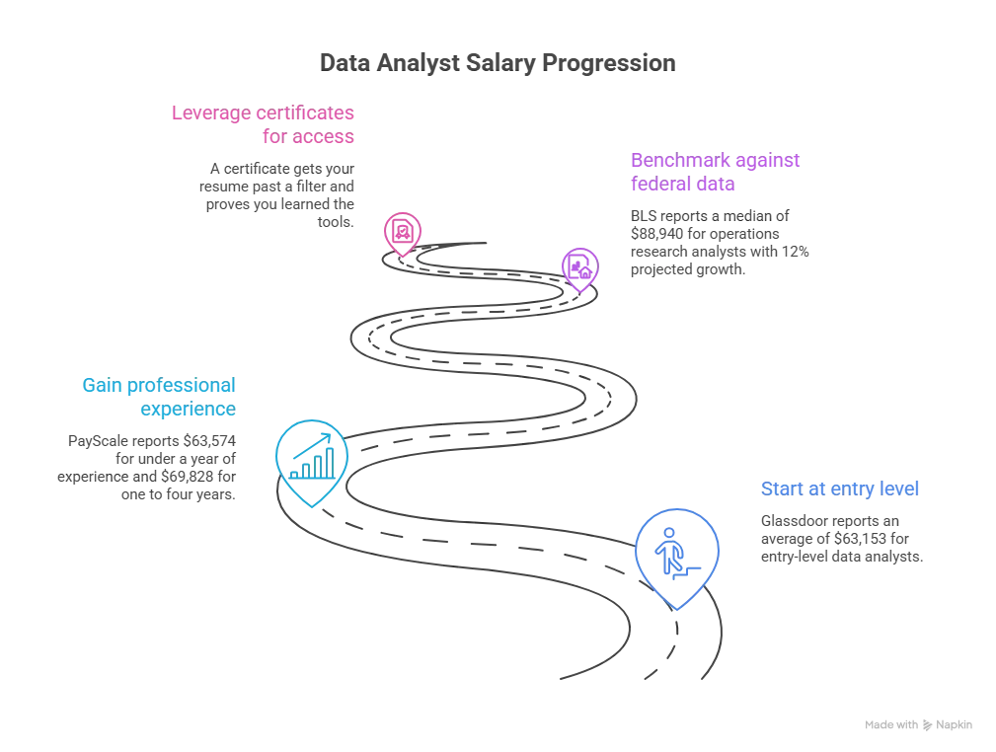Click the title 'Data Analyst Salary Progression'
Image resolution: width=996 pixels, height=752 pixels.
pyautogui.click(x=498, y=63)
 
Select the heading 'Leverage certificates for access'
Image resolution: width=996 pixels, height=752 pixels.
pyautogui.click(x=263, y=123)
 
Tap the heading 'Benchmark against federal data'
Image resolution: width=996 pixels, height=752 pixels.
pyautogui.click(x=716, y=172)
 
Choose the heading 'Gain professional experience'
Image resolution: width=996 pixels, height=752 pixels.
pyautogui.click(x=159, y=397)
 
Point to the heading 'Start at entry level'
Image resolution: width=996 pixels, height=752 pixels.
pyautogui.click(x=840, y=489)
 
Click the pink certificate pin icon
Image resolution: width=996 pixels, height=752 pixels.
pyautogui.click(x=402, y=234)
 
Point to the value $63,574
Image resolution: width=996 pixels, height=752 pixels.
pyautogui.click(x=209, y=441)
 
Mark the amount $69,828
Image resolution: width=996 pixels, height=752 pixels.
pyautogui.click(x=188, y=477)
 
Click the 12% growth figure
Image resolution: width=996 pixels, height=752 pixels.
pyautogui.click(x=796, y=252)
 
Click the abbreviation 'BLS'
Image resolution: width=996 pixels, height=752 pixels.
pyautogui.click(x=643, y=216)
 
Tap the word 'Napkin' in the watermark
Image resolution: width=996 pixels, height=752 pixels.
pyautogui.click(x=955, y=724)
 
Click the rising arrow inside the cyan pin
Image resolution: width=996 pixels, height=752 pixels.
pyautogui.click(x=313, y=445)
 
